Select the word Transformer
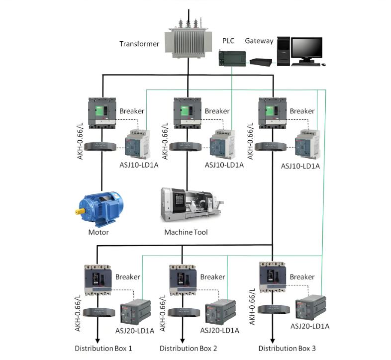point(139,44)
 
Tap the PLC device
point(232,58)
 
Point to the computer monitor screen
point(306,48)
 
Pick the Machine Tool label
point(186,232)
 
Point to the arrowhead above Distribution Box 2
point(182,340)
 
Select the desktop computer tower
point(283,51)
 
